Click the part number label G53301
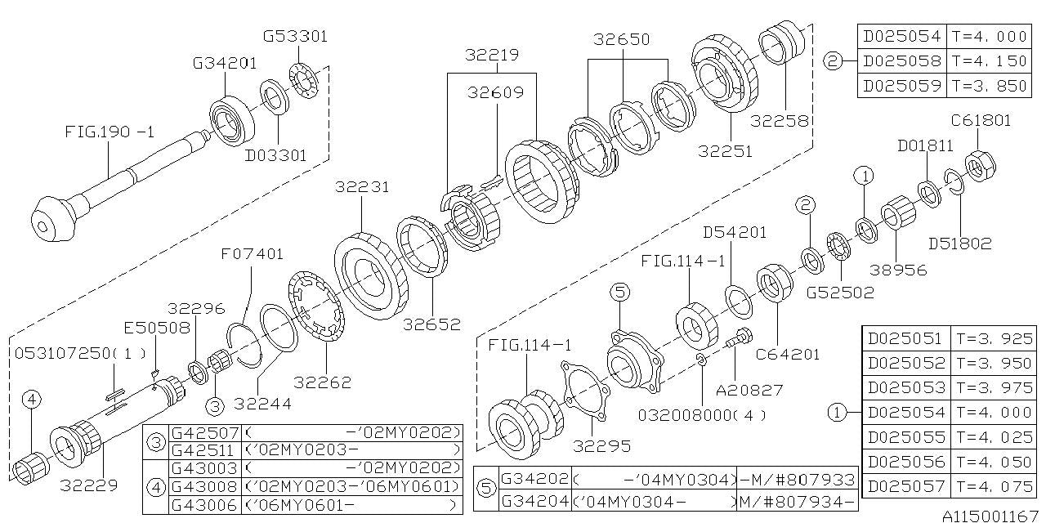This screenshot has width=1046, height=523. click(x=295, y=37)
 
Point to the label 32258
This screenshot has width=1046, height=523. click(x=780, y=121)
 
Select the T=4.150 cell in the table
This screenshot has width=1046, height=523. click(x=989, y=60)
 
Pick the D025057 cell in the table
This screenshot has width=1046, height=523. click(x=905, y=486)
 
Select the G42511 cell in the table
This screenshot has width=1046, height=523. click(x=204, y=450)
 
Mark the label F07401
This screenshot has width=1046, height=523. click(x=253, y=254)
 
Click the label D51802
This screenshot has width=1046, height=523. click(x=959, y=243)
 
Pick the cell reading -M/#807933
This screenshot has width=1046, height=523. click(x=797, y=479)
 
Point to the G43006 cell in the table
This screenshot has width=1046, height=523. click(x=204, y=505)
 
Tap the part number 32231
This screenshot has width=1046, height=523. click(x=361, y=187)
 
